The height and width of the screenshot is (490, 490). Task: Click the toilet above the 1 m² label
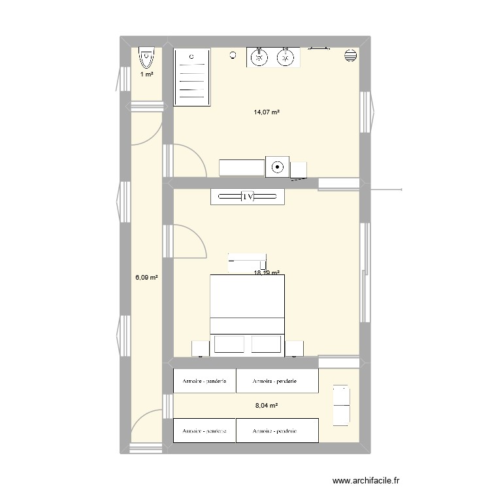(146, 59)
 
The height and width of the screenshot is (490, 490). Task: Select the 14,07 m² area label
(267, 112)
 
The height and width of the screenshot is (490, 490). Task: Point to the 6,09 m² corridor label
(147, 278)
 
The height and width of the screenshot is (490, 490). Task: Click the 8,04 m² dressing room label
(267, 406)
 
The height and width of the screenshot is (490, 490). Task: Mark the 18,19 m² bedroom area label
(267, 274)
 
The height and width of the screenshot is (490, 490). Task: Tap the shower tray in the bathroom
(191, 77)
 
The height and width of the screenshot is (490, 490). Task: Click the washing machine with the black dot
(278, 167)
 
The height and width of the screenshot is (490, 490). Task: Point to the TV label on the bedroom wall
(247, 197)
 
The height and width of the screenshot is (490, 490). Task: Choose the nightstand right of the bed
(294, 348)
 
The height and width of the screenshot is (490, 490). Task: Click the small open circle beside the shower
(233, 56)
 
